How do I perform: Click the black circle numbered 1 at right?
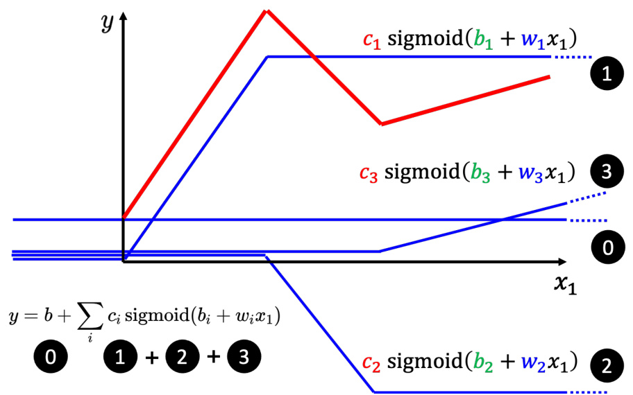607,76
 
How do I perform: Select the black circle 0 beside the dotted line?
607,248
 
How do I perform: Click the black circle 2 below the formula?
182,358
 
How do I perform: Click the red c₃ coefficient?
369,172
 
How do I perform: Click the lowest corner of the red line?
381,124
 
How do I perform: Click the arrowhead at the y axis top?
124,15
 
